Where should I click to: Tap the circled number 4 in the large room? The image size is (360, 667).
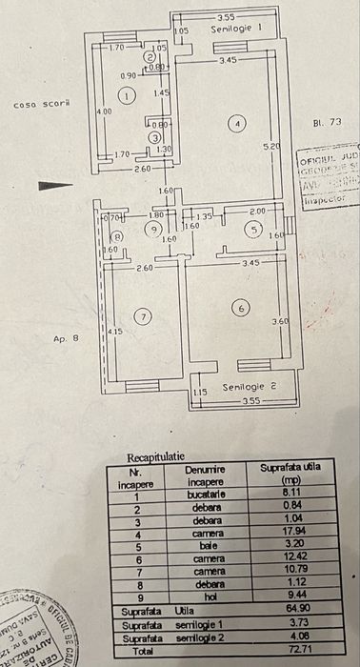point(238,122)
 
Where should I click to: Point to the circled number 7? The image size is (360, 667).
point(143,316)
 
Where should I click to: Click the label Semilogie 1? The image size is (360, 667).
point(236,30)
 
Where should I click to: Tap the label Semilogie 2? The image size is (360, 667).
point(249,387)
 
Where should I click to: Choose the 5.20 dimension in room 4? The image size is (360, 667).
point(271,145)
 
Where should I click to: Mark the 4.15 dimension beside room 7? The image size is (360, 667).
point(115,331)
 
